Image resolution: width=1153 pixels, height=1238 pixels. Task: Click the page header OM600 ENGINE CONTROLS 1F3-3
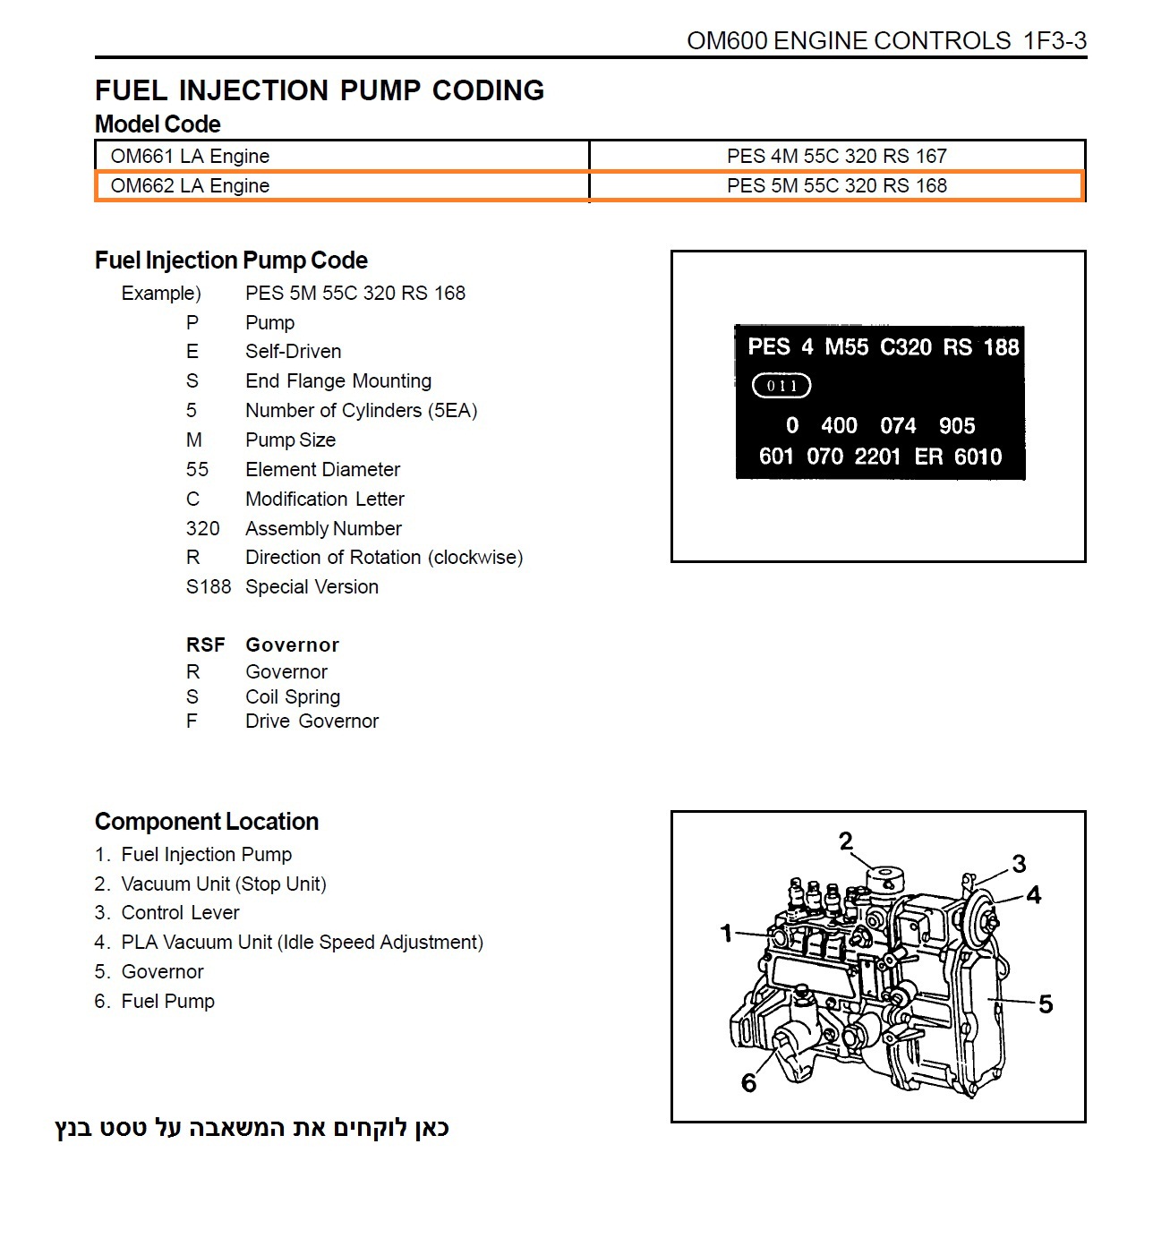tap(886, 41)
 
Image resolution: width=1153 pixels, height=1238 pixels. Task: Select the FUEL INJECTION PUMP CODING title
tap(320, 90)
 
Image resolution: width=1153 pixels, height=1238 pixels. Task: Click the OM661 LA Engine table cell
tap(190, 156)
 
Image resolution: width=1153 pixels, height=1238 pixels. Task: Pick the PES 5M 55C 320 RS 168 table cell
tap(836, 185)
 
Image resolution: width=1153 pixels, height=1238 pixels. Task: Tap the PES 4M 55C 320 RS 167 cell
tap(836, 156)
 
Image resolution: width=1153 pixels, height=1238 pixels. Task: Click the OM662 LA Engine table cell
tap(190, 185)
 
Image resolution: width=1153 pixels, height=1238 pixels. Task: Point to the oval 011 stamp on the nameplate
tap(781, 386)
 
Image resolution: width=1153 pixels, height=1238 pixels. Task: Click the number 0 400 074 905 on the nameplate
tap(880, 425)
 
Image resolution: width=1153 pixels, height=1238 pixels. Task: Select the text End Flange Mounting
tap(338, 380)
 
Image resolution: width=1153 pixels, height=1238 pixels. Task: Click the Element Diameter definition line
tap(322, 469)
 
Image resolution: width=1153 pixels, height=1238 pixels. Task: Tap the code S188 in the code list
tap(208, 586)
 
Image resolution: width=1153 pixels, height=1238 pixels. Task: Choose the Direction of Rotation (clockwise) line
tap(384, 557)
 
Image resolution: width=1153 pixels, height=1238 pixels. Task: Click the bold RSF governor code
tap(205, 645)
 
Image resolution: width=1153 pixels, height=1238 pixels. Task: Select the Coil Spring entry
tap(293, 696)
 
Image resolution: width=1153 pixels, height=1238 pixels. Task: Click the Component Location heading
tap(207, 821)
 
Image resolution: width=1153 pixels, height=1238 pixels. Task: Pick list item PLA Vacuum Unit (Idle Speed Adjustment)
tap(302, 942)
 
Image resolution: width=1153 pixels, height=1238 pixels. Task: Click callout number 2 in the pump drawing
tap(846, 841)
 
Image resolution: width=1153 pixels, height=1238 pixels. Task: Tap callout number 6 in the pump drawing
tap(749, 1083)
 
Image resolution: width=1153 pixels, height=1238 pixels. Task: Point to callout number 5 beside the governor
tap(1046, 1004)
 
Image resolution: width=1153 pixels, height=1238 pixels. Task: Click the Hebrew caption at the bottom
tap(252, 1128)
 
